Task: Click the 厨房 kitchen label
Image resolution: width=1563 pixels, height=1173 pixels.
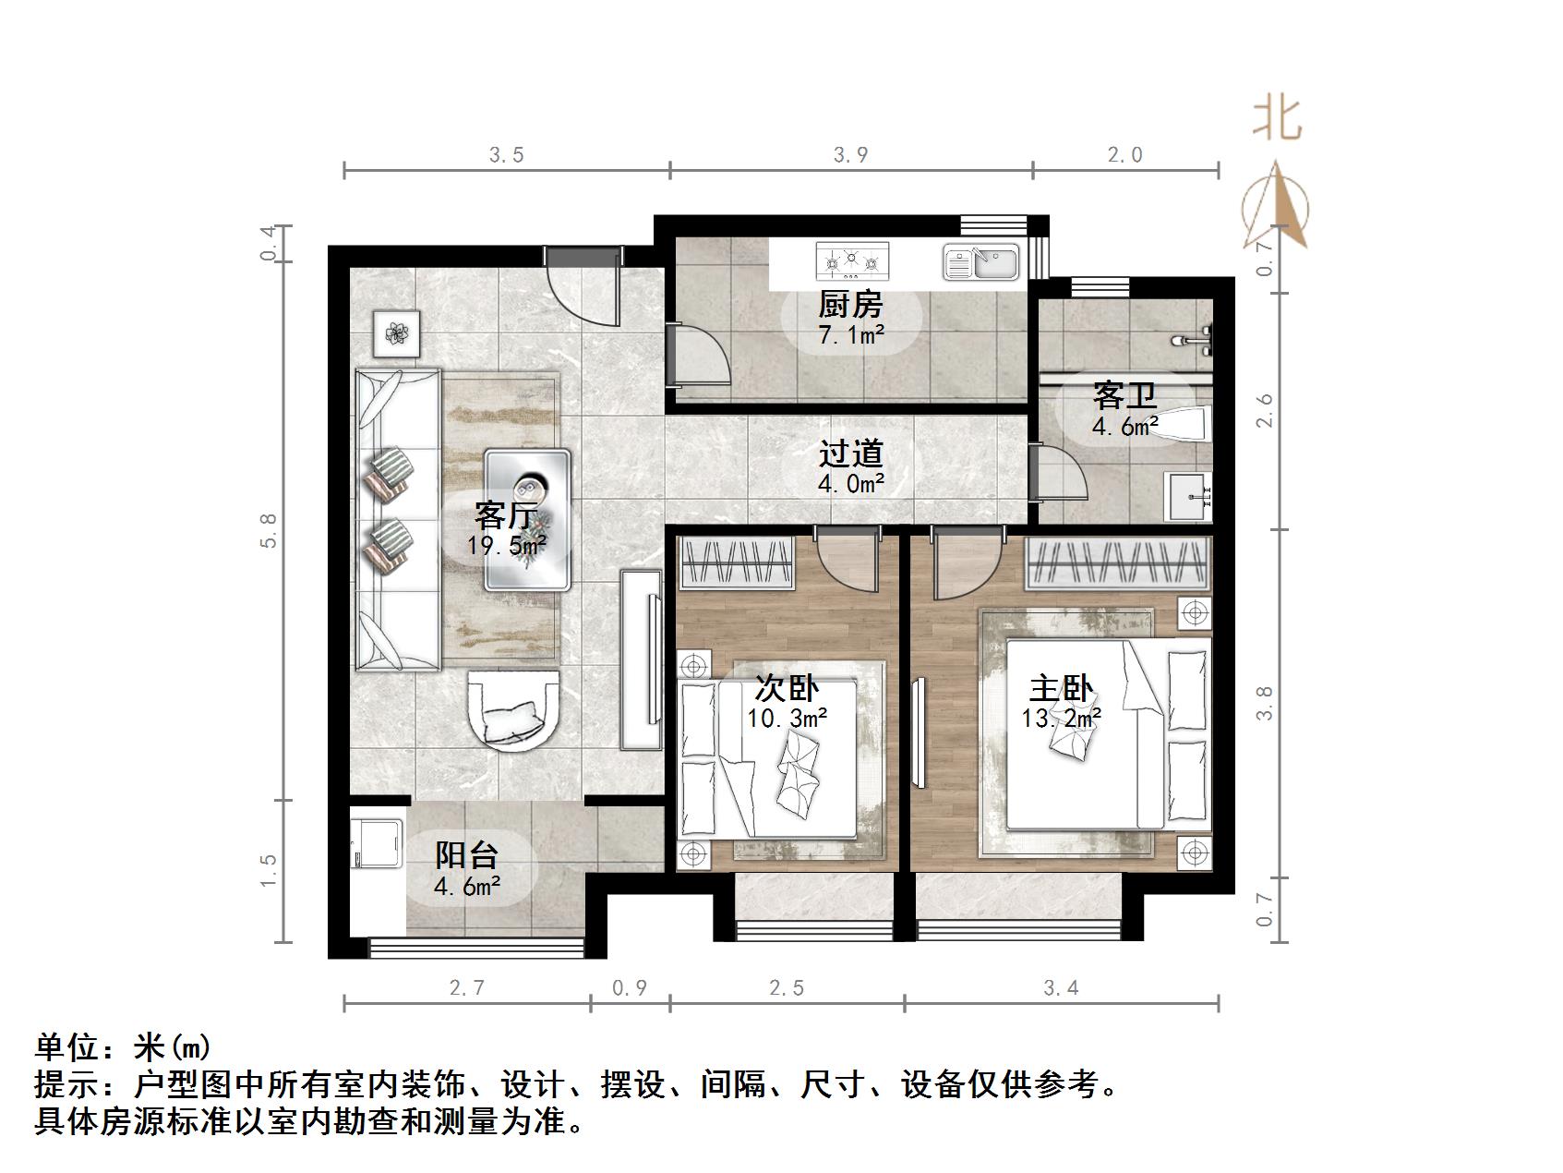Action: coord(850,304)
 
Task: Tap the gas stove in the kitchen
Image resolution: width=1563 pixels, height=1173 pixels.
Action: coord(852,261)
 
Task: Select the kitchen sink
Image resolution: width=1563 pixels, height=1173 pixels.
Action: coord(980,262)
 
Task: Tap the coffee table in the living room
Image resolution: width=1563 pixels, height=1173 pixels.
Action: coord(528,519)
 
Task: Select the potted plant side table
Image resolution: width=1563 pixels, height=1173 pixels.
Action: coord(397,333)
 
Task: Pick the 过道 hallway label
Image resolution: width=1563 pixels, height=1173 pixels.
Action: coord(851,453)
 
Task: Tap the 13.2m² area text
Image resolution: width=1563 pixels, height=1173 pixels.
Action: coord(1062,718)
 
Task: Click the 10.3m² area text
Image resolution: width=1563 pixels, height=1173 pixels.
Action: coord(787,718)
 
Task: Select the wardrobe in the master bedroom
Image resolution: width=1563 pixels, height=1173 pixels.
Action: coord(1119,562)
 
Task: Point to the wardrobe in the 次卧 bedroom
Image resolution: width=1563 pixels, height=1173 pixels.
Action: coord(738,563)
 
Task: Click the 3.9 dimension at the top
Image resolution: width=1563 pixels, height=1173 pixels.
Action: coord(850,155)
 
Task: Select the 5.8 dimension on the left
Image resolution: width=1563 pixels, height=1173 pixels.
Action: coord(269,531)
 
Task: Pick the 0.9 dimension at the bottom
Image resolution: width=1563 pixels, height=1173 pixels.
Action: coord(630,988)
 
